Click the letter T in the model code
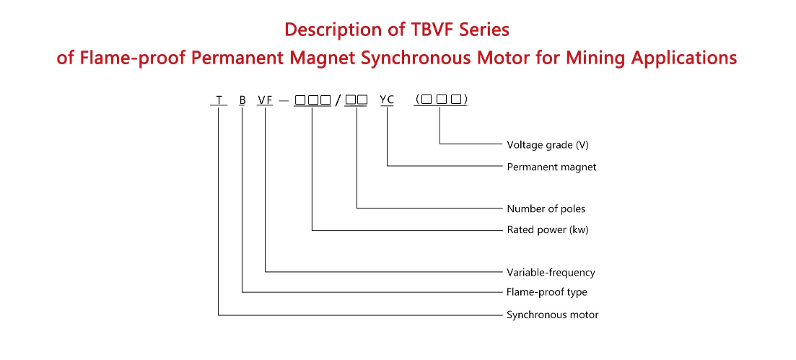pos(219,100)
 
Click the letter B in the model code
pos(242,100)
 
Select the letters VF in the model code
pos(265,100)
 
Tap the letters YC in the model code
pos(387,100)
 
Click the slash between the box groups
pos(338,100)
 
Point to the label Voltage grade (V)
pos(548,145)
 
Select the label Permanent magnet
pos(551,167)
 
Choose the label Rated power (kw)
pos(548,229)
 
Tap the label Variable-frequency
pos(551,272)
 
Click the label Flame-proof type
pos(547,292)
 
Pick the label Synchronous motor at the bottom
pos(552,315)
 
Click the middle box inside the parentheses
pos(441,100)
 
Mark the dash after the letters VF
pos(284,100)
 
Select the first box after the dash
pos(300,100)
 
